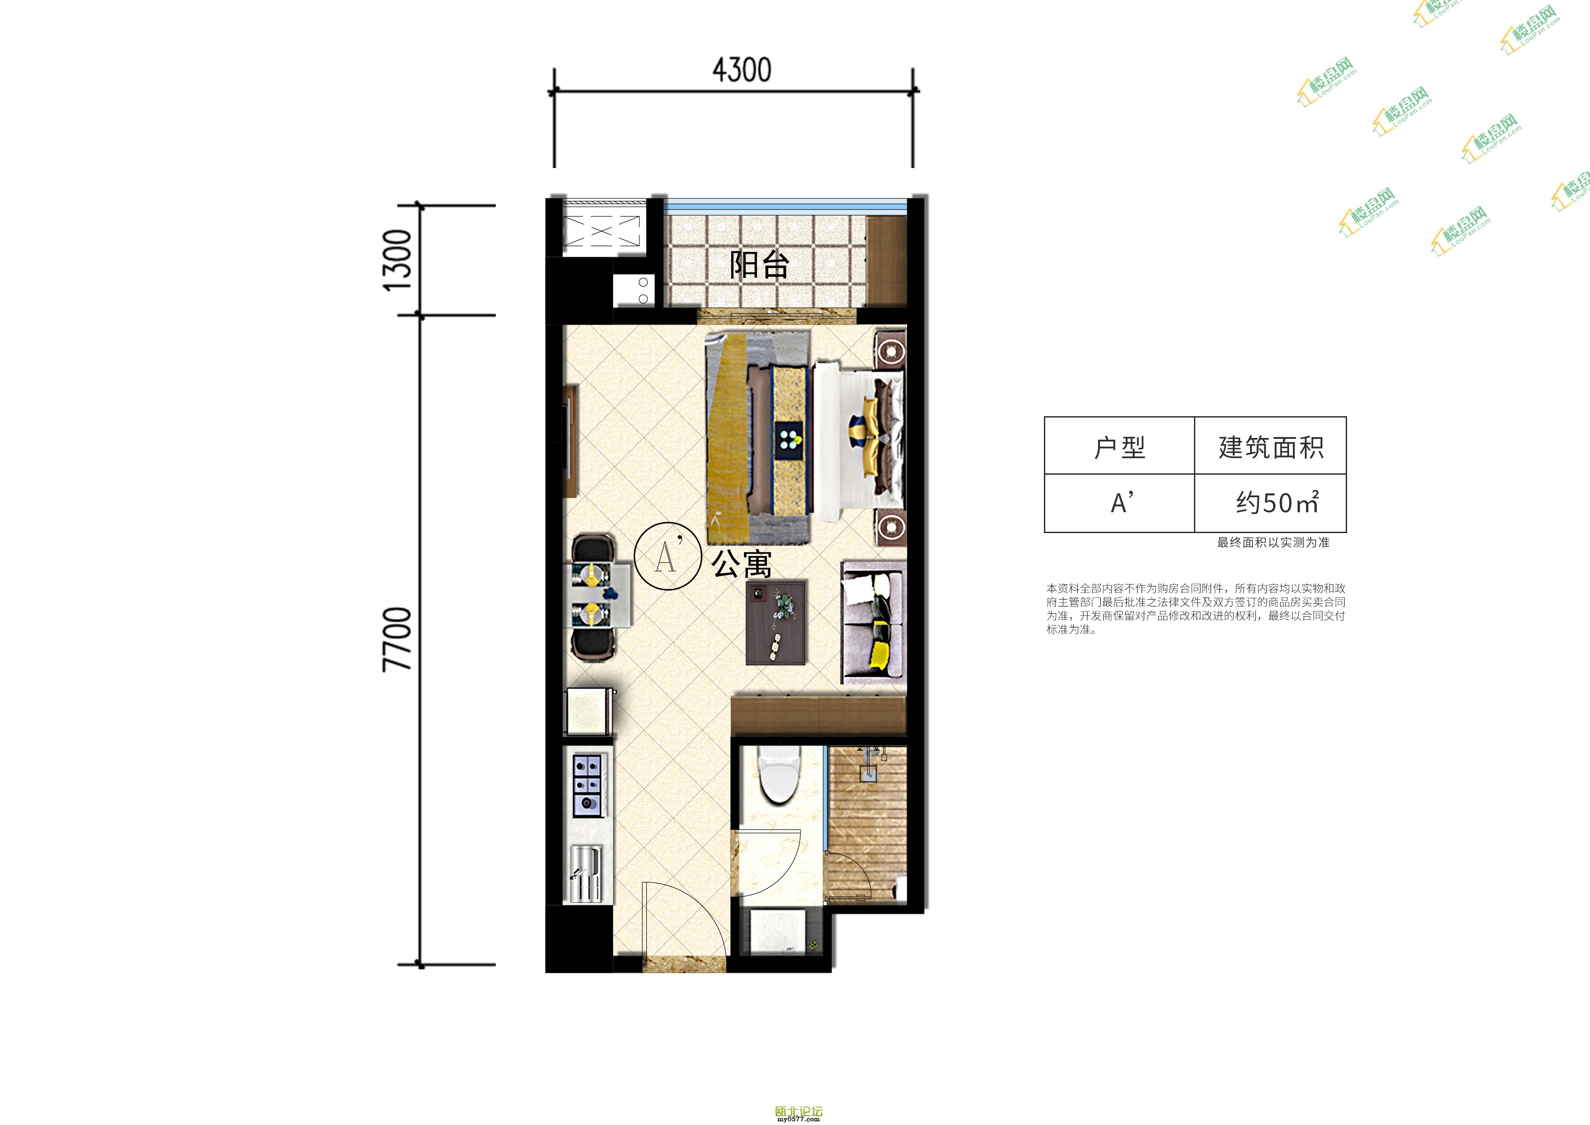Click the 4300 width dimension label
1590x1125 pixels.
point(742,70)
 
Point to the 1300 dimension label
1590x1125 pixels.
point(399,261)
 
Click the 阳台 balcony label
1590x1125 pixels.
point(759,265)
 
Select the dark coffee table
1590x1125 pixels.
point(776,623)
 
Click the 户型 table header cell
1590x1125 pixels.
point(1119,446)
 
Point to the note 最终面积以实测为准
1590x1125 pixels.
point(1273,542)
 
